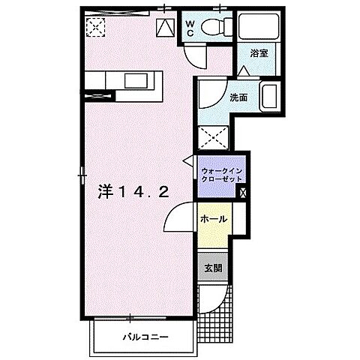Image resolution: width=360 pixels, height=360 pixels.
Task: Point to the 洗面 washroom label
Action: click(x=239, y=97)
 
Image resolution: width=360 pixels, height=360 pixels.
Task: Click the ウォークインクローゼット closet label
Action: click(x=219, y=177)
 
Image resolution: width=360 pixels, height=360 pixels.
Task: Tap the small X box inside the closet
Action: click(x=241, y=190)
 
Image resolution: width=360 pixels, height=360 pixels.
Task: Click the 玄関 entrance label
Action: click(x=213, y=268)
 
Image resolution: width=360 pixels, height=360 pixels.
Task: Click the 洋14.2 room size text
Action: click(x=132, y=192)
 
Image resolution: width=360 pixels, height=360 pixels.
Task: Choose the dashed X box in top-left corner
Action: click(x=96, y=28)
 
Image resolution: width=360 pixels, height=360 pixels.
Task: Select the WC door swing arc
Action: click(x=192, y=55)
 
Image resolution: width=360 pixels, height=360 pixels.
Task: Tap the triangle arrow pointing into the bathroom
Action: click(x=244, y=70)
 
